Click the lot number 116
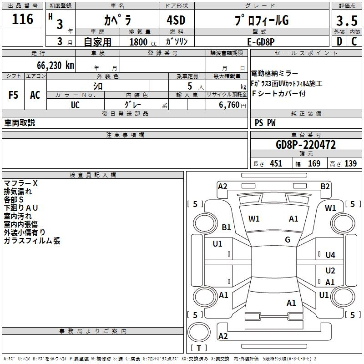coord(23,19)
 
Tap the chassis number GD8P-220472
coord(306,145)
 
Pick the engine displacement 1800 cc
coord(138,42)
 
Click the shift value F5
coord(13,95)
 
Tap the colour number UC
coord(76,105)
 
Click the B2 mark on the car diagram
coord(325,186)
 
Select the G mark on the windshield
coord(288,240)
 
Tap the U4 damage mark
coord(330,255)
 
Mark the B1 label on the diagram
coord(227,227)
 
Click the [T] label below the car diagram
coord(199,349)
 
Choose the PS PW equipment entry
coord(265,122)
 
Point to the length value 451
coord(276,164)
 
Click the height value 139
coord(350,164)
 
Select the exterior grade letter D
coord(339,41)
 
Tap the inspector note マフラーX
coord(20,183)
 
